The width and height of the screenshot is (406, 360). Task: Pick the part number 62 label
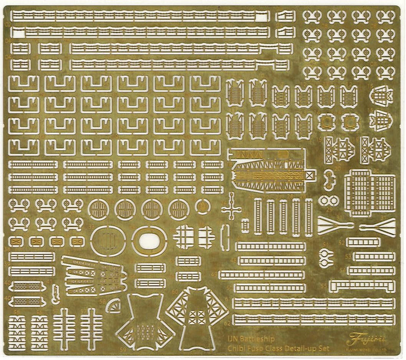click(x=227, y=323)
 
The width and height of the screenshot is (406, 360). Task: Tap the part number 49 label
click(x=214, y=274)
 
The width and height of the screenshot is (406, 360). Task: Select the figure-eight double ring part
click(x=329, y=200)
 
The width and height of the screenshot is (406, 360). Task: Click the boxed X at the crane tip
click(x=310, y=174)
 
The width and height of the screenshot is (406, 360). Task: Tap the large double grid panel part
click(x=370, y=193)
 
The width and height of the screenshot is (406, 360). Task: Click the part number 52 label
click(x=343, y=242)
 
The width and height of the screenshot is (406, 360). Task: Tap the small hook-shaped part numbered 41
click(x=56, y=294)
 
